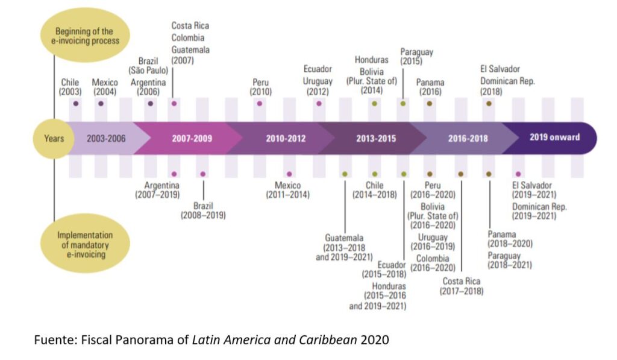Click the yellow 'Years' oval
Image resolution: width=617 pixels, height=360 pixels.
tap(54, 138)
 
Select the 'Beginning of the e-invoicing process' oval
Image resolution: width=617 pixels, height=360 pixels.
tap(84, 36)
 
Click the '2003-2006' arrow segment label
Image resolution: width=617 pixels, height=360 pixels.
tap(106, 138)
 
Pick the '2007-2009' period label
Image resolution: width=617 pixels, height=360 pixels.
tap(192, 138)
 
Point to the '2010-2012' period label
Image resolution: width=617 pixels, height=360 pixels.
tap(286, 138)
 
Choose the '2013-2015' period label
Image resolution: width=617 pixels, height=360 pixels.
tap(376, 138)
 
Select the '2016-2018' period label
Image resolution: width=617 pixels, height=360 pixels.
tap(468, 138)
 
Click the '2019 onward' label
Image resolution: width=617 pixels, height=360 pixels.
tap(554, 137)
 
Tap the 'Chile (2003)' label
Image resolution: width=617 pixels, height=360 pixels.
tap(70, 87)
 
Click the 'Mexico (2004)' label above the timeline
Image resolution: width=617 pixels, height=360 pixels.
tap(105, 87)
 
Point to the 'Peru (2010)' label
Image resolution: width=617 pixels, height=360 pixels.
tap(261, 87)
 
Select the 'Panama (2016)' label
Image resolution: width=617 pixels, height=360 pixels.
tap(430, 87)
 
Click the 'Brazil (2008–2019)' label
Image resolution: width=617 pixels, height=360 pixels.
tap(203, 210)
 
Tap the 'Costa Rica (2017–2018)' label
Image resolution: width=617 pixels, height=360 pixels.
tap(463, 286)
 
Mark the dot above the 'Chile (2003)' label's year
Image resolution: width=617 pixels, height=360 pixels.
tap(75, 104)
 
